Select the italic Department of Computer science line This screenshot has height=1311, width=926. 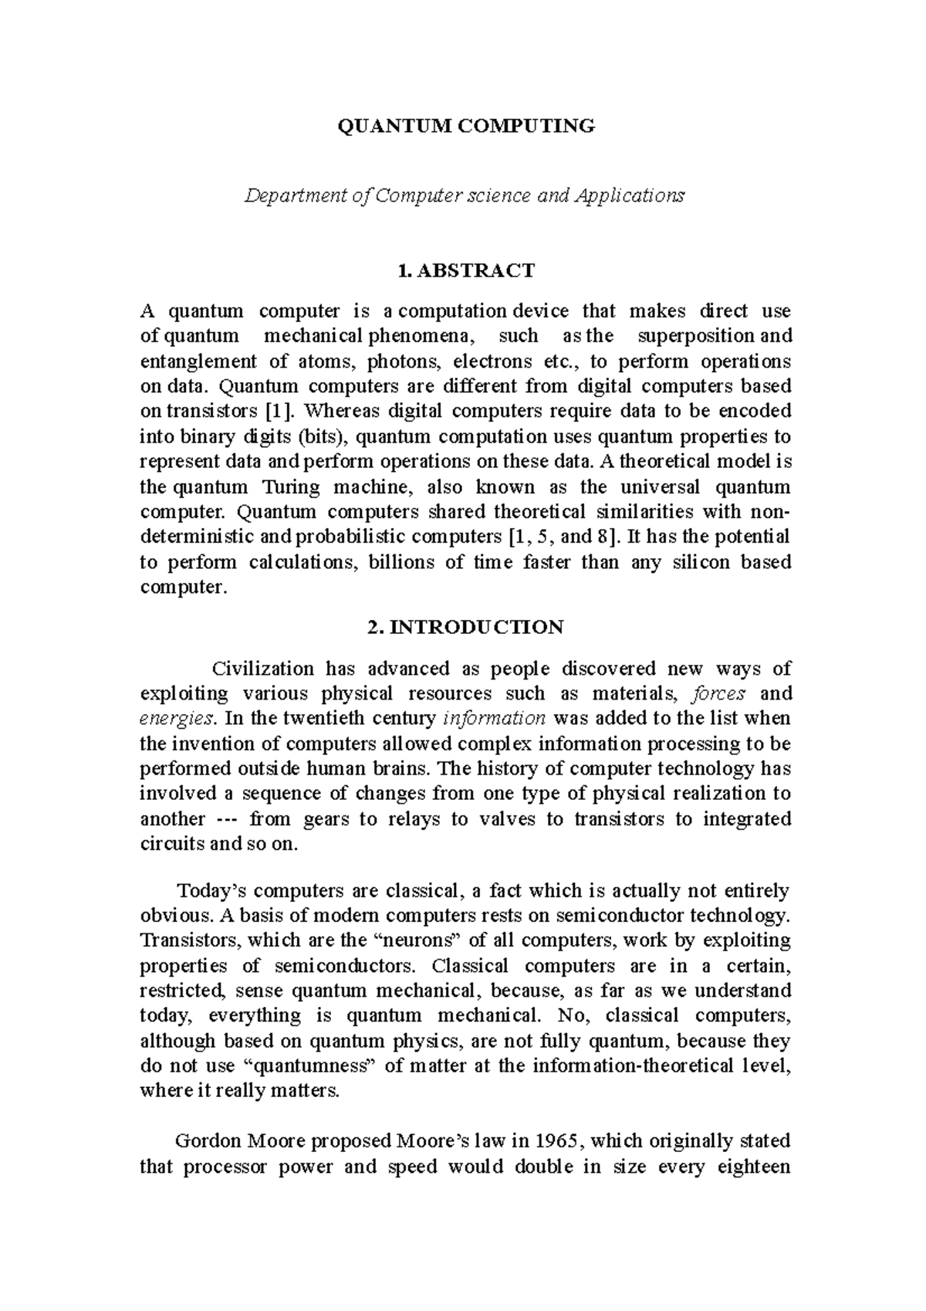[464, 195]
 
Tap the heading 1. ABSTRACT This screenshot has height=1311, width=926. [465, 270]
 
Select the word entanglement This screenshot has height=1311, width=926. [198, 361]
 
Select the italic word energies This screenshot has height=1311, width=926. [174, 719]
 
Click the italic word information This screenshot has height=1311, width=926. [495, 719]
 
